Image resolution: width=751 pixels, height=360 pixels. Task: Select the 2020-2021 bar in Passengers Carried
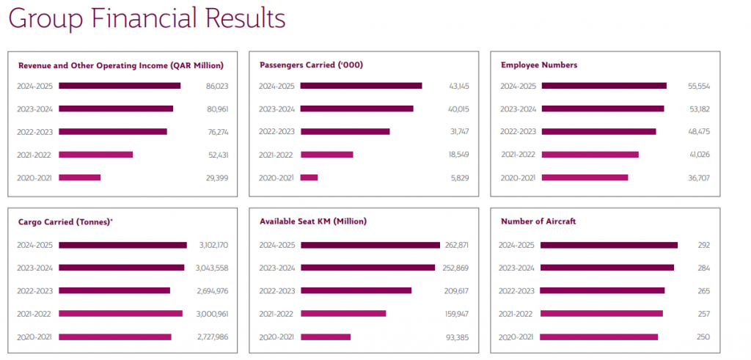click(309, 177)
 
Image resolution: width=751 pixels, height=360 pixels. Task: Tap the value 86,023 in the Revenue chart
click(217, 86)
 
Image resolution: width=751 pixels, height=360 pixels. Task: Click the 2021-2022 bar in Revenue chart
click(95, 155)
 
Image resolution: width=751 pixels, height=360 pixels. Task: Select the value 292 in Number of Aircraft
click(703, 245)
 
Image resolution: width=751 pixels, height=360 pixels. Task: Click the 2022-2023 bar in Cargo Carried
click(114, 290)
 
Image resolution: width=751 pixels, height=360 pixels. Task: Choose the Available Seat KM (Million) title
click(312, 221)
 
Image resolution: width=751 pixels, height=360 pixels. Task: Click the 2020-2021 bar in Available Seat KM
click(325, 337)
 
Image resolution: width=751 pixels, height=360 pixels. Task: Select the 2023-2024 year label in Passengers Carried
click(276, 109)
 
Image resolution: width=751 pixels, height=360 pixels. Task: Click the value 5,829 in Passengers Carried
click(460, 177)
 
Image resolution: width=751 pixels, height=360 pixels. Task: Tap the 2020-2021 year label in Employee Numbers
click(518, 177)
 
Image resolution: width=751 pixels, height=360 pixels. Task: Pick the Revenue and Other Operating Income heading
click(120, 65)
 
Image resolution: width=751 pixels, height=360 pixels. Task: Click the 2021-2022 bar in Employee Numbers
click(590, 155)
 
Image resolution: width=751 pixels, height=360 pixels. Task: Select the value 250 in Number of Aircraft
click(703, 337)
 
